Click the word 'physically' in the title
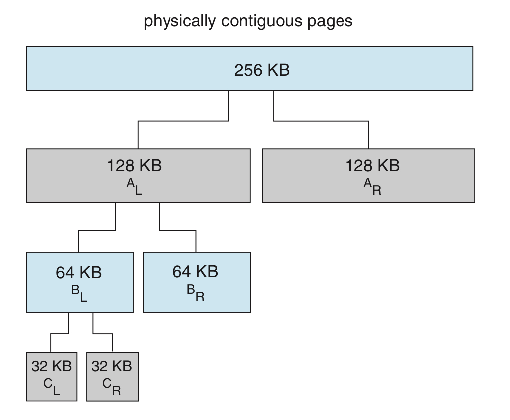(179, 22)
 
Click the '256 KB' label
(262, 70)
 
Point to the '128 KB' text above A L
(134, 165)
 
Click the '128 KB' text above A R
(372, 165)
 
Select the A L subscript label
(134, 187)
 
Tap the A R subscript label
(372, 187)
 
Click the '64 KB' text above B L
(79, 273)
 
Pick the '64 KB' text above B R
(195, 272)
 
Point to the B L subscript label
(79, 293)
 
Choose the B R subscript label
(196, 293)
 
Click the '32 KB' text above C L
(52, 366)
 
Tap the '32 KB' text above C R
(112, 366)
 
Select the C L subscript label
(52, 387)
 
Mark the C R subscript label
(112, 387)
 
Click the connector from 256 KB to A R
(322, 121)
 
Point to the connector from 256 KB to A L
(183, 121)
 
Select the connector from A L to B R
(177, 230)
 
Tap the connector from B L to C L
(60, 334)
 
